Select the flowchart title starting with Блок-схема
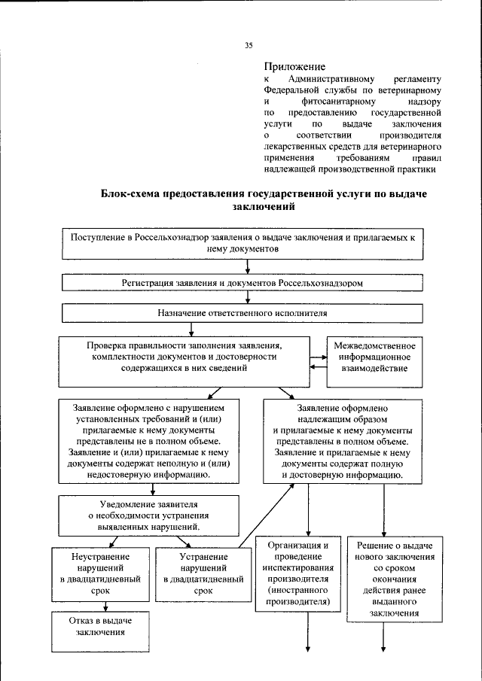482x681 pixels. (x=264, y=199)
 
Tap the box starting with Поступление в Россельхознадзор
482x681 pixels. (x=243, y=242)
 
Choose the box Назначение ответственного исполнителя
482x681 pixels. (x=243, y=312)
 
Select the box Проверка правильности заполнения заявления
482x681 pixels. (x=184, y=357)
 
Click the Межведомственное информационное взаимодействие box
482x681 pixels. (x=374, y=357)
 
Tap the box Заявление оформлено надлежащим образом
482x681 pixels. (x=342, y=439)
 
